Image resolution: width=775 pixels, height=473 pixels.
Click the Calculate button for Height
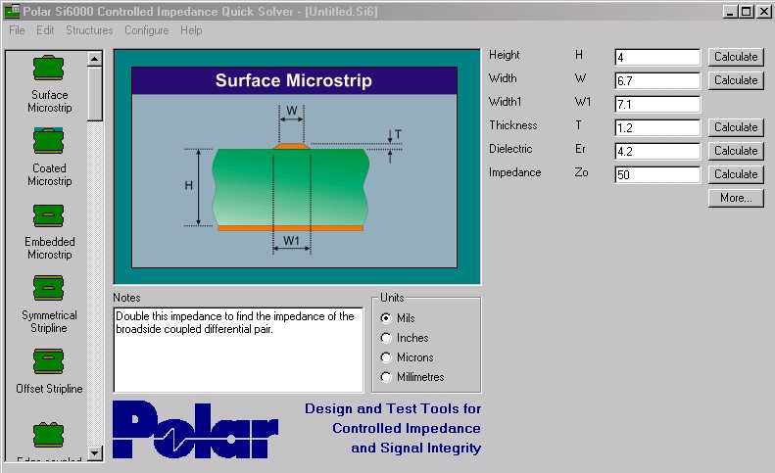coord(736,57)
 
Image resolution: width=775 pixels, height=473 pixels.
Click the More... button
coord(736,198)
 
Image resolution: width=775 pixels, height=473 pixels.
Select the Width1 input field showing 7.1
coord(657,104)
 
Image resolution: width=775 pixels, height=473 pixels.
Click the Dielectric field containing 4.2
coord(657,151)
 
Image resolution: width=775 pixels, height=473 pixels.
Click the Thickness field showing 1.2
coord(657,127)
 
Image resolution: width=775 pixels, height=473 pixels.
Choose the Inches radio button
coord(386,338)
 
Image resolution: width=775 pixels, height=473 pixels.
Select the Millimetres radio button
coord(386,377)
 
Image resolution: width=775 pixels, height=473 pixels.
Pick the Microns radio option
coord(386,357)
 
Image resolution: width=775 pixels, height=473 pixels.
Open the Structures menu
coord(89,30)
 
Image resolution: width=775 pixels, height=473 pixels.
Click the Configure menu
coord(146,30)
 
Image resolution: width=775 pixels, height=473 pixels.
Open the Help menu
coord(191,30)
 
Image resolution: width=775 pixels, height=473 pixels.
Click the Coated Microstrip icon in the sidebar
coord(48,141)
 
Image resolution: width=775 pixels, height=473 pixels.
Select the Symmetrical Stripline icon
coord(48,288)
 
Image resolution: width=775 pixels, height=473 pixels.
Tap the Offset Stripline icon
coord(48,361)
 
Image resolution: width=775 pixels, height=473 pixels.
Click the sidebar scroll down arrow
coord(94,452)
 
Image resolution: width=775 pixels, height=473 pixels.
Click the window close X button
coord(763,11)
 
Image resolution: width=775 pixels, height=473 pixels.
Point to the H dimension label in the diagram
coord(188,186)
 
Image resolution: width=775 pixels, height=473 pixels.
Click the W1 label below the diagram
coord(291,241)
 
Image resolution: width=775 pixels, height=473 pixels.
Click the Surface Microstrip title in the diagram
coord(294,80)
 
